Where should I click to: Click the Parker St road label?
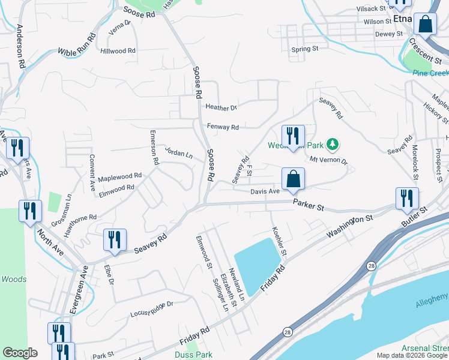[309, 205]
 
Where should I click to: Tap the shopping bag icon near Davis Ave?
[293, 179]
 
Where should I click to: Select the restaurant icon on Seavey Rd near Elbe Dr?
[114, 239]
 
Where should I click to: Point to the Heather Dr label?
[221, 108]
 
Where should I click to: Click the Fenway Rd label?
[223, 127]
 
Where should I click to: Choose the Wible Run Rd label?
[77, 44]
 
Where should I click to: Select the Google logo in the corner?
[20, 353]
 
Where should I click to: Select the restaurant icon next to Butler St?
[407, 198]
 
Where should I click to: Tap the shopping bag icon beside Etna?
[425, 25]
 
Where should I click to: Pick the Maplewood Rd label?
[119, 177]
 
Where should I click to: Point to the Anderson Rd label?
[20, 46]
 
